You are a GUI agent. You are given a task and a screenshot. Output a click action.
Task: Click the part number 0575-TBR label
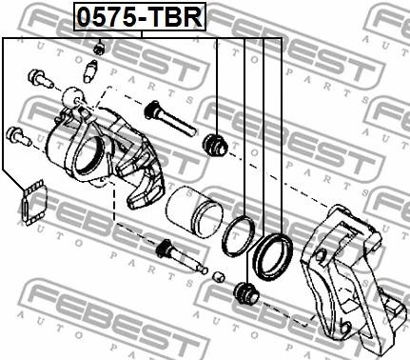(142, 16)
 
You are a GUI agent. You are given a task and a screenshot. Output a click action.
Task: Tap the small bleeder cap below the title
(99, 47)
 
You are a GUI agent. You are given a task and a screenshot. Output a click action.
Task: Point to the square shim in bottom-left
(31, 202)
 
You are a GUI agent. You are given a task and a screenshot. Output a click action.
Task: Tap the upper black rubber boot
(215, 145)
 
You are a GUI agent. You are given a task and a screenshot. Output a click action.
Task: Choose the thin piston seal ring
(237, 235)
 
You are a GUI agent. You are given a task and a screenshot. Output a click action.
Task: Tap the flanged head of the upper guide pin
(150, 110)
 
